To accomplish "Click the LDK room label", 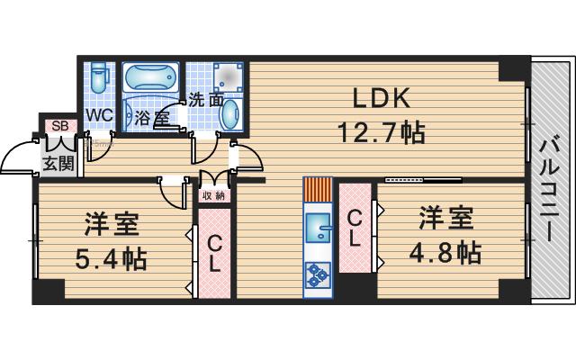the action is coord(381,98).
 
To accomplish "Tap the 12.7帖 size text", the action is coord(381,132).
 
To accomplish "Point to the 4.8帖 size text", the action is coord(445,252).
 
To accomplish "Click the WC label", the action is coord(99,115).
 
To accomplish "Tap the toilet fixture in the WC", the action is coord(98,76).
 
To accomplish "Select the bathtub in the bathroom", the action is coord(150,78).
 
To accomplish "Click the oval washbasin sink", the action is coord(230,113).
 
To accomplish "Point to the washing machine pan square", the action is coord(229,77).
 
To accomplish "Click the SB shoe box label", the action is coord(60,126).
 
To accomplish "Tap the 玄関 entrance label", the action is coord(58,163).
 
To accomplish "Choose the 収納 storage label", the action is coord(214,196).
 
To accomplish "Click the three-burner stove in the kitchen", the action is coord(318,274).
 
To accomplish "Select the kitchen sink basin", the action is coord(318,228).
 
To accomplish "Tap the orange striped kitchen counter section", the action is coord(318,190).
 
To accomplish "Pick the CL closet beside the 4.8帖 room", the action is coord(355,228).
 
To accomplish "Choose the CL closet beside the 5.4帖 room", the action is coord(214,253).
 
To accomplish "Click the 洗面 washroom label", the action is coord(207,100).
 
